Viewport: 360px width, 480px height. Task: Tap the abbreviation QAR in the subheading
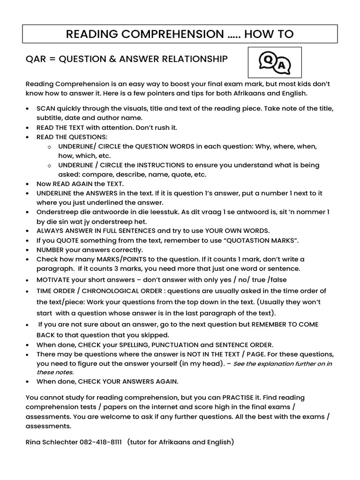pos(36,59)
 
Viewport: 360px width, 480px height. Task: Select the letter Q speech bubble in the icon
pos(268,60)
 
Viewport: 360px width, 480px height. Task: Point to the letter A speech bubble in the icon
pos(281,67)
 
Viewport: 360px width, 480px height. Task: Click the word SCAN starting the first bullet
pos(45,108)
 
